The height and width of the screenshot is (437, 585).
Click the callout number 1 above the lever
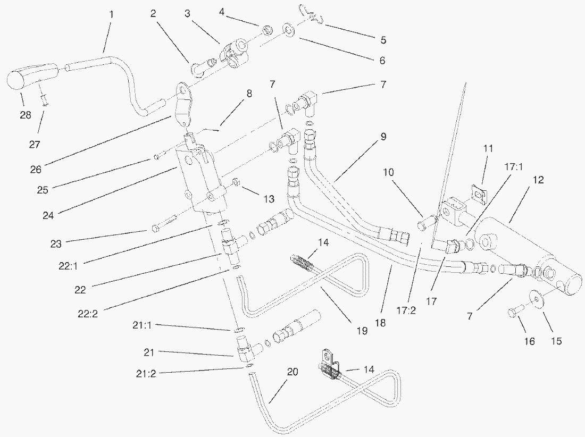click(x=111, y=14)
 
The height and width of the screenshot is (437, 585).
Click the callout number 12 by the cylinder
click(x=538, y=180)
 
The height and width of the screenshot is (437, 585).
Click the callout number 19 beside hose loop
click(x=362, y=331)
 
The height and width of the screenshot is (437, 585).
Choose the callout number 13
click(x=269, y=199)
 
